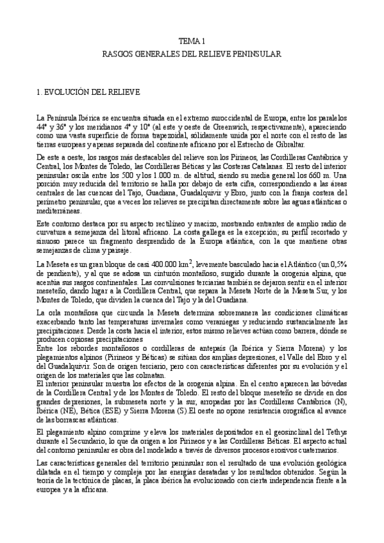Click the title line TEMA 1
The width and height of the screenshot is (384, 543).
[191, 40]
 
